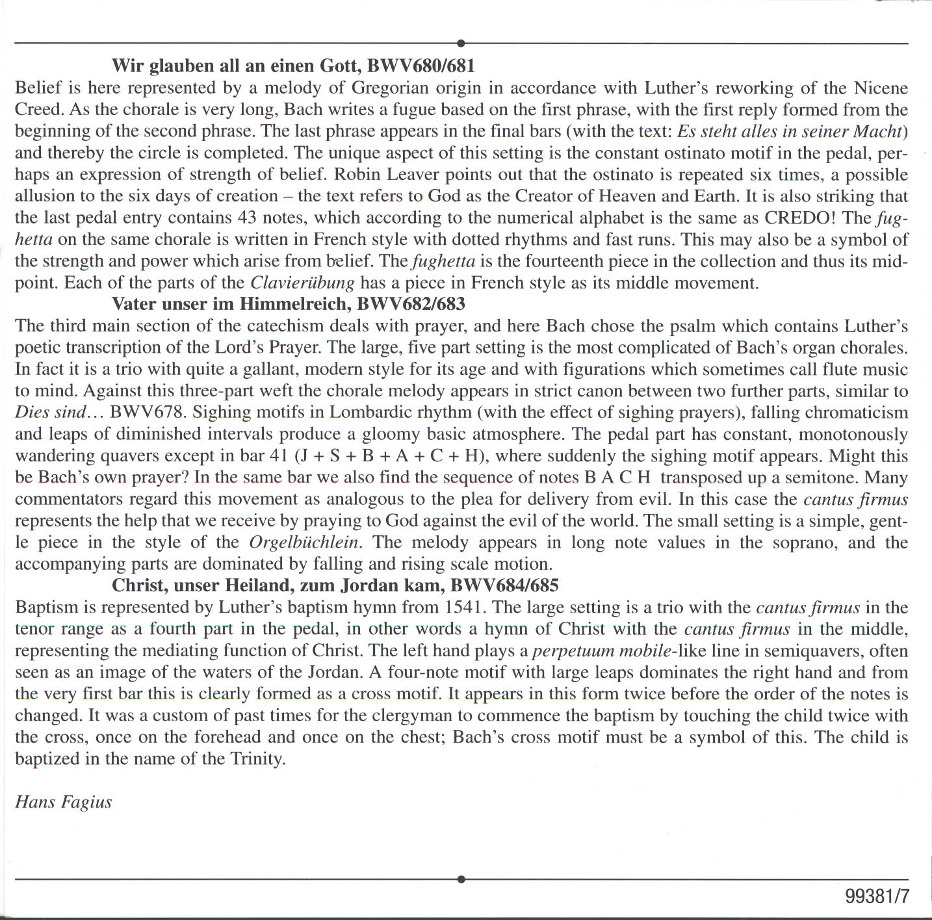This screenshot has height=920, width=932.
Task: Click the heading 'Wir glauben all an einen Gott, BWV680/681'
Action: click(x=293, y=66)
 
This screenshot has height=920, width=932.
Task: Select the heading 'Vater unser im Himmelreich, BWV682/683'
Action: click(x=289, y=303)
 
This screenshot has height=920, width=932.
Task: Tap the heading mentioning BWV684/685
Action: click(x=335, y=585)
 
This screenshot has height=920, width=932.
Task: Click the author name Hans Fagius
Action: click(x=63, y=802)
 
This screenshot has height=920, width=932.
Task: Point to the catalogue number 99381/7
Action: click(x=877, y=897)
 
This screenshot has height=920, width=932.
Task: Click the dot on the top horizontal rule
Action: click(x=461, y=44)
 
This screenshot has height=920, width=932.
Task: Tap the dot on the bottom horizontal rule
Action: click(x=461, y=879)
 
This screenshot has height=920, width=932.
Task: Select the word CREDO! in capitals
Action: click(x=799, y=218)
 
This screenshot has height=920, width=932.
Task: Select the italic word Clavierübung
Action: click(x=302, y=283)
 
